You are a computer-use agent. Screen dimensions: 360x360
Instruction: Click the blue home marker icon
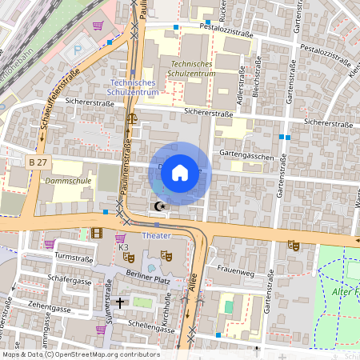[180, 172]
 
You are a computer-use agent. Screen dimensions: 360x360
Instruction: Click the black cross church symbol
[120, 302]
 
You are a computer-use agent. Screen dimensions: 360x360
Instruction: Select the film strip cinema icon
[97, 234]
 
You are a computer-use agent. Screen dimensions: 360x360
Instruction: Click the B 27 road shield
[38, 162]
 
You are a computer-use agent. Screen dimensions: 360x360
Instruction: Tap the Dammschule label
[68, 181]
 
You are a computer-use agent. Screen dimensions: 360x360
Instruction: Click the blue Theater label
[156, 237]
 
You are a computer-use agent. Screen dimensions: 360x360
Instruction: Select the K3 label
[123, 247]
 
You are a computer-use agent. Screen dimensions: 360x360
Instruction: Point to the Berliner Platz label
[149, 274]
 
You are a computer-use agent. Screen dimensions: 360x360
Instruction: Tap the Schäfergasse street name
[70, 282]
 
